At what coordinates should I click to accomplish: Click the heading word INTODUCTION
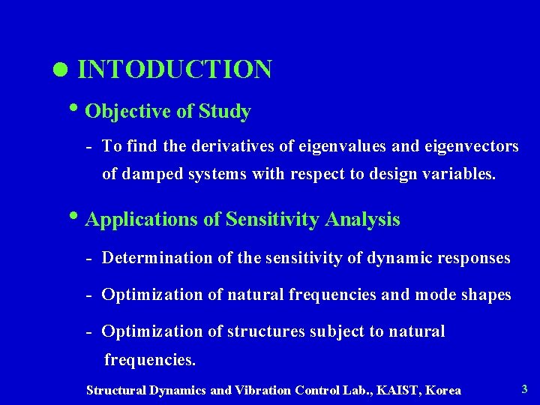[175, 70]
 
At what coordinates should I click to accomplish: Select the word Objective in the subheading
[128, 112]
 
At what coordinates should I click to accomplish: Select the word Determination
[157, 258]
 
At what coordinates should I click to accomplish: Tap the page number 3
[524, 388]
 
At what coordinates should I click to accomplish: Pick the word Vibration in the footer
[264, 390]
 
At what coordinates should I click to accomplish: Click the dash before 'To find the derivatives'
[89, 146]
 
